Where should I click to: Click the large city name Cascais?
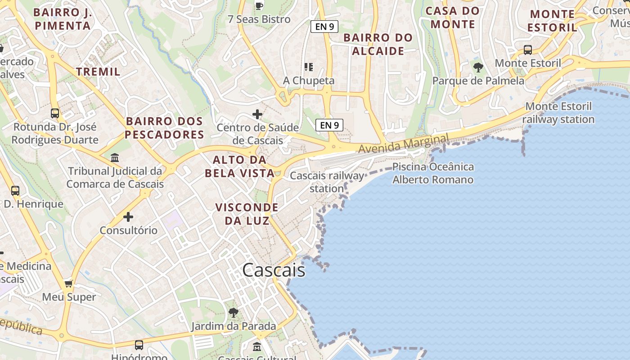(274, 270)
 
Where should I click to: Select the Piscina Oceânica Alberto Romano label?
(433, 173)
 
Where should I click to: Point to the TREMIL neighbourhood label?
(98, 72)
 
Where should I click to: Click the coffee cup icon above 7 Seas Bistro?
(259, 6)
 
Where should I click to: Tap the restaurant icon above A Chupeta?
(309, 67)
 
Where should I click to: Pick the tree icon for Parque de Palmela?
(478, 67)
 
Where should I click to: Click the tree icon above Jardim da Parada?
(233, 312)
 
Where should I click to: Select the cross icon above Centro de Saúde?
(257, 114)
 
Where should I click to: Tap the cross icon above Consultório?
(128, 217)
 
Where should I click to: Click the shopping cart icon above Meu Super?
(69, 283)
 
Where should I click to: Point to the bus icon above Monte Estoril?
(528, 50)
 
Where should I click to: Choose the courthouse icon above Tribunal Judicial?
(115, 158)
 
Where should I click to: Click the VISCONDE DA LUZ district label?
(247, 214)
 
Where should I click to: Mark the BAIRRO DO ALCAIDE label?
(378, 44)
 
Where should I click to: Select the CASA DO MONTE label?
(453, 17)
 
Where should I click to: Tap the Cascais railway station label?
(327, 182)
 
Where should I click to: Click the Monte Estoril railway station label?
(558, 113)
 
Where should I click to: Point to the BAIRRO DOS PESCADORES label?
(164, 128)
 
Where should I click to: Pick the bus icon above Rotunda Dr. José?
(55, 113)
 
